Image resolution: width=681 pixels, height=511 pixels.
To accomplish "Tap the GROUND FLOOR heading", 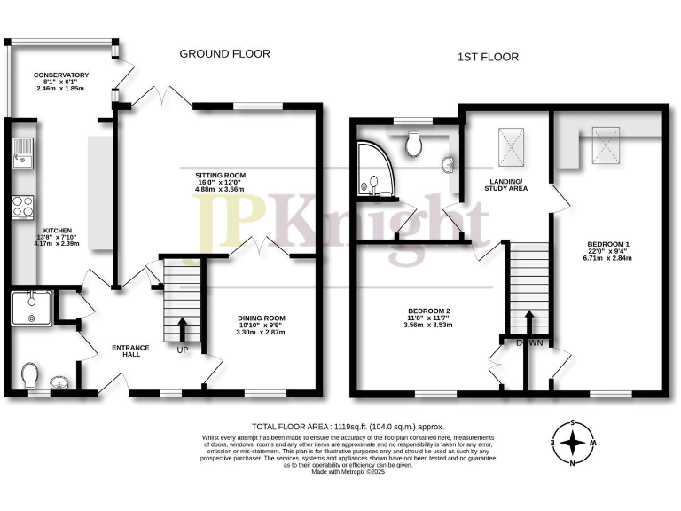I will (224, 54).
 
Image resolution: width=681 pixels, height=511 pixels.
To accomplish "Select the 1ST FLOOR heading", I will (488, 57).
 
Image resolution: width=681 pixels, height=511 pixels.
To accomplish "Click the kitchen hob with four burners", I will (22, 208).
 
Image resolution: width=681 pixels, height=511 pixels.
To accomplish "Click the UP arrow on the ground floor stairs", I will (183, 330).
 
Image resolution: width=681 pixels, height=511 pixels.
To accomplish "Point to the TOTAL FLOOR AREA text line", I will (348, 427).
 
